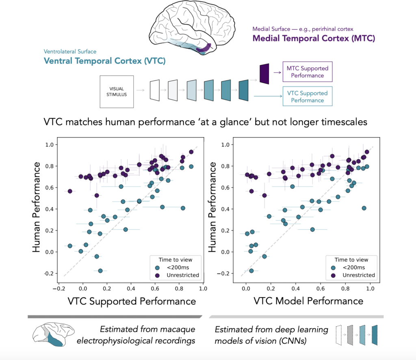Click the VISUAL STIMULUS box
click(x=117, y=91)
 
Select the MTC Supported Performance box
click(x=307, y=72)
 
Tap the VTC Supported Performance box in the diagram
click(x=307, y=97)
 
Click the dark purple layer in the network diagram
click(x=264, y=73)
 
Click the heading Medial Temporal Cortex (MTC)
click(x=314, y=39)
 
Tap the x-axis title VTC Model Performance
click(x=308, y=301)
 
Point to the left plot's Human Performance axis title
click(x=37, y=207)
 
